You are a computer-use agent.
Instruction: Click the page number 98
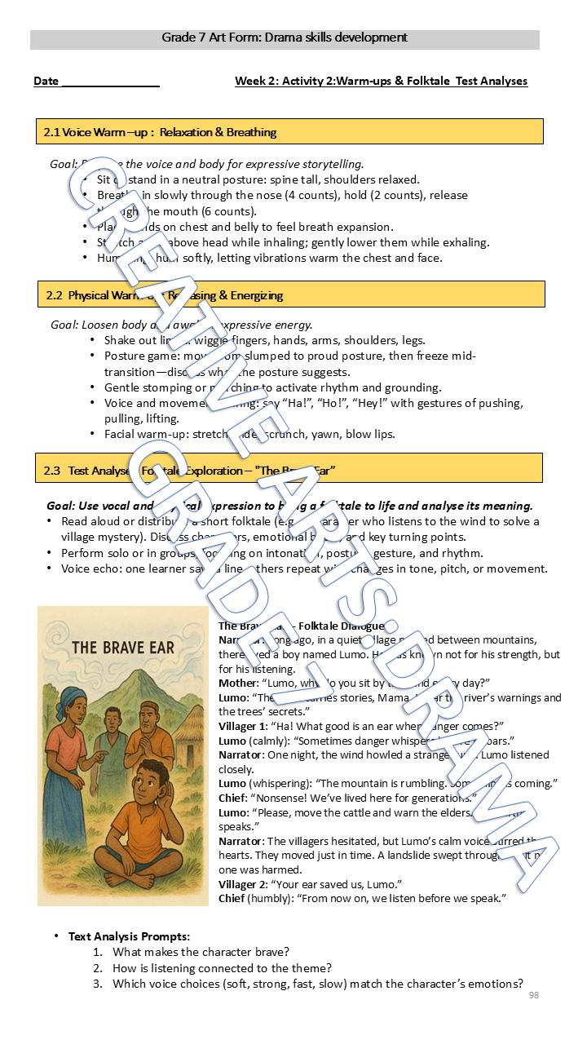tap(534, 995)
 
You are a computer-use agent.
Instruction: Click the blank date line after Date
tap(110, 82)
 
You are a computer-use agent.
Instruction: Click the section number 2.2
tap(55, 295)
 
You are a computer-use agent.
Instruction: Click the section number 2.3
tap(52, 471)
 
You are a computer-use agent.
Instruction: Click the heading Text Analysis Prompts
tap(129, 936)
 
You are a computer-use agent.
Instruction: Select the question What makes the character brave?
tap(201, 952)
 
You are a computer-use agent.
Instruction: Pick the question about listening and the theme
tap(222, 968)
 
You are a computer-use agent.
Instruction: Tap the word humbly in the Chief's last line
tap(272, 899)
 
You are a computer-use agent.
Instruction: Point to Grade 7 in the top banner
tap(184, 38)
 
